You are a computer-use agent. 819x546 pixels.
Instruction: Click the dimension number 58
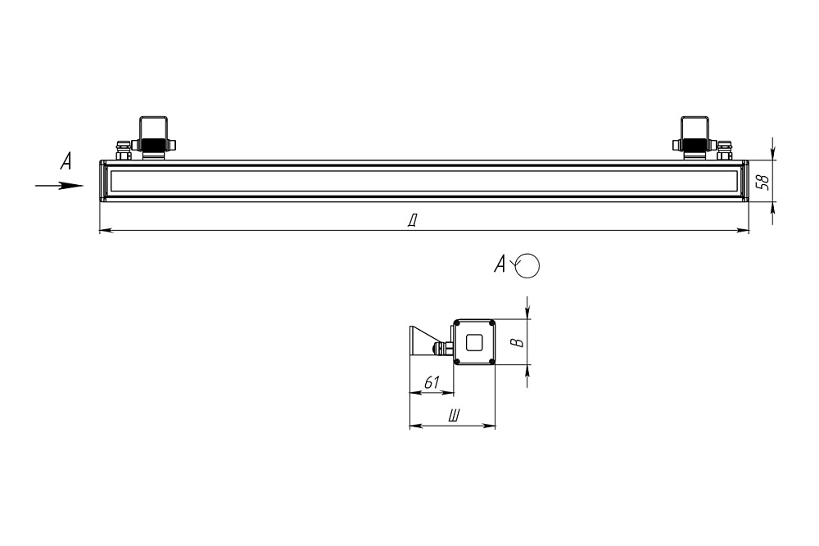(x=763, y=181)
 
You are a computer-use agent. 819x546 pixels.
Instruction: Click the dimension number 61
(x=432, y=382)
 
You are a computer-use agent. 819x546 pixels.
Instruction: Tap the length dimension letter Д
(x=413, y=221)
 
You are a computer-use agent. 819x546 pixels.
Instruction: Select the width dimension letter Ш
(x=455, y=416)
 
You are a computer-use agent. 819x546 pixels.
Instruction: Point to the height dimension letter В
(x=517, y=342)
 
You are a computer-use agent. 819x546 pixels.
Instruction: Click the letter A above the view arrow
(x=66, y=161)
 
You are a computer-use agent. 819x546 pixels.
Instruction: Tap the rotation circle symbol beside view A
(x=527, y=265)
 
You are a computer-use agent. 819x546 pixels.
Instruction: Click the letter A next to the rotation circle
(x=500, y=264)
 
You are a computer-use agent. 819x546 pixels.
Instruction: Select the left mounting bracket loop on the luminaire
(x=153, y=128)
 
